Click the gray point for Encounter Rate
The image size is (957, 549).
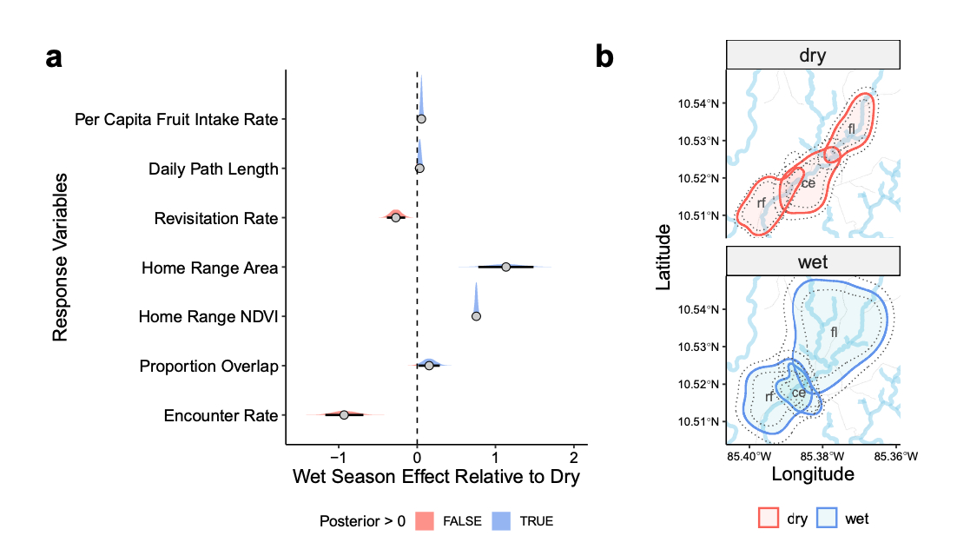344,415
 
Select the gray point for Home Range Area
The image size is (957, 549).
506,267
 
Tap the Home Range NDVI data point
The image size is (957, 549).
476,316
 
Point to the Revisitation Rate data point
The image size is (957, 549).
396,217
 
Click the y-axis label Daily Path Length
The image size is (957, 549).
213,169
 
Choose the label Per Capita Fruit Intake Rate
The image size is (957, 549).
176,119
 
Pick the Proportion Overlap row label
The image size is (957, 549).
208,367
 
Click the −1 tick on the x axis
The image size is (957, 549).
340,458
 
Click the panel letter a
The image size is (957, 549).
55,58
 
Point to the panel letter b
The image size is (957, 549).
604,58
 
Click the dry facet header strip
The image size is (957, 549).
812,56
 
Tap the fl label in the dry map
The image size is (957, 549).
852,129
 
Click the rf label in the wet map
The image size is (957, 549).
769,397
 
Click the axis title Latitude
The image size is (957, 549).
663,256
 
